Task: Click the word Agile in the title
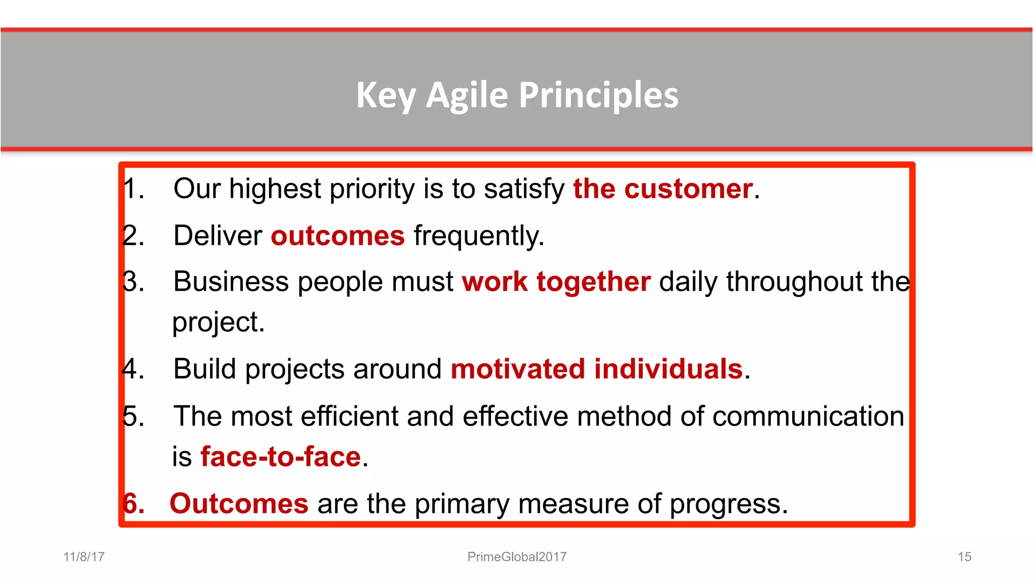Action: tap(467, 95)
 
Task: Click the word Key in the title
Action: tap(386, 95)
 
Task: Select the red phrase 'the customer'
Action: tap(663, 189)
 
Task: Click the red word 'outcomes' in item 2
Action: tap(338, 236)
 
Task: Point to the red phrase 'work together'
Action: tap(556, 281)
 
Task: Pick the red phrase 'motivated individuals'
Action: tap(597, 369)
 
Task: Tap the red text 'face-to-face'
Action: tap(281, 457)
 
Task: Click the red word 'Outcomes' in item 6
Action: tap(239, 504)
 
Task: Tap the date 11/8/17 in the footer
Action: tap(84, 557)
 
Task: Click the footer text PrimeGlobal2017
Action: tap(517, 557)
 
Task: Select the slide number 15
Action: tap(964, 557)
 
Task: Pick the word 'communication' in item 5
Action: tap(808, 416)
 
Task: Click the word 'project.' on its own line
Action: tap(218, 323)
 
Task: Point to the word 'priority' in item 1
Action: tap(372, 189)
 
